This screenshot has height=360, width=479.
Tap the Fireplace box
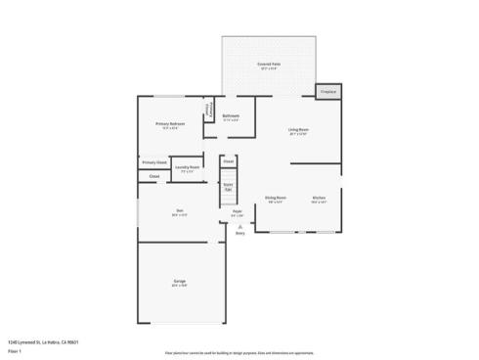(x=328, y=91)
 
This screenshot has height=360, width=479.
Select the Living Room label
(x=298, y=131)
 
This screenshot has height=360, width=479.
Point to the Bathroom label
(x=231, y=117)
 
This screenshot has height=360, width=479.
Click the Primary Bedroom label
(x=170, y=125)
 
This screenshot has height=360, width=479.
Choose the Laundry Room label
(x=188, y=168)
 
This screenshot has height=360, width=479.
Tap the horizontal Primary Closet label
(x=154, y=162)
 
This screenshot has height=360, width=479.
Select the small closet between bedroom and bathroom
(x=208, y=112)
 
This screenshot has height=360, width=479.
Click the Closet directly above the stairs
(x=228, y=160)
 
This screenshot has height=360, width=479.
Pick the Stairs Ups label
(x=228, y=186)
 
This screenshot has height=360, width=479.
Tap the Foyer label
(x=237, y=212)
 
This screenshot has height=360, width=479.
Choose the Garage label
(x=180, y=284)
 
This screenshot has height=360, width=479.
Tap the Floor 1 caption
(x=15, y=350)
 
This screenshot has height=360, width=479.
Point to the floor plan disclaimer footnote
(x=239, y=350)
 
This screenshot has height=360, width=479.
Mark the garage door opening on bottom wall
(x=183, y=324)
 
